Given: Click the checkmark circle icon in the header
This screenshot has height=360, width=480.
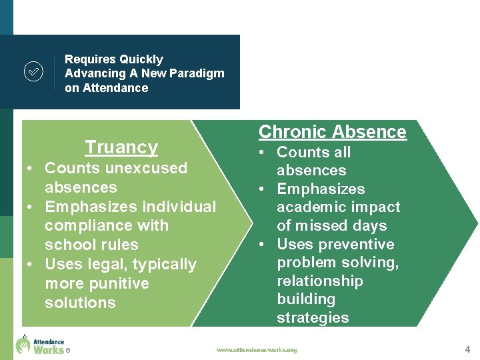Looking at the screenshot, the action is pos(33,71).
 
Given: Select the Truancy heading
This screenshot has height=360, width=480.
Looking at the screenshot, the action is pos(121,147).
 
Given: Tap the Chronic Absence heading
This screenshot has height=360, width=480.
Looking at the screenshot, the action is pos(332,131).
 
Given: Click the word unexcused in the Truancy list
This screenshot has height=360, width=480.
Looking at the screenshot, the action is pos(145,168).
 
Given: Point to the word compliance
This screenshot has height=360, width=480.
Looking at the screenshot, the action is pos(97,226).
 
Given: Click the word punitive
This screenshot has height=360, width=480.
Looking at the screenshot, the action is pos(117,283).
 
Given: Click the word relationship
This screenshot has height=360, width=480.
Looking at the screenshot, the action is pos(320,281).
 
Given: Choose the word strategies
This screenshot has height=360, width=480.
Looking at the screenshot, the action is pos(313,318).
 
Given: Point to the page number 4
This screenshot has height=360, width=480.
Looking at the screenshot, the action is pos(467,349).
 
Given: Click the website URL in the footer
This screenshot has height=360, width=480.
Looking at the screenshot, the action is pos(257,349).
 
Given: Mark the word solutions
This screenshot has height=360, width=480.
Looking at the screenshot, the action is pos(80,303).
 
